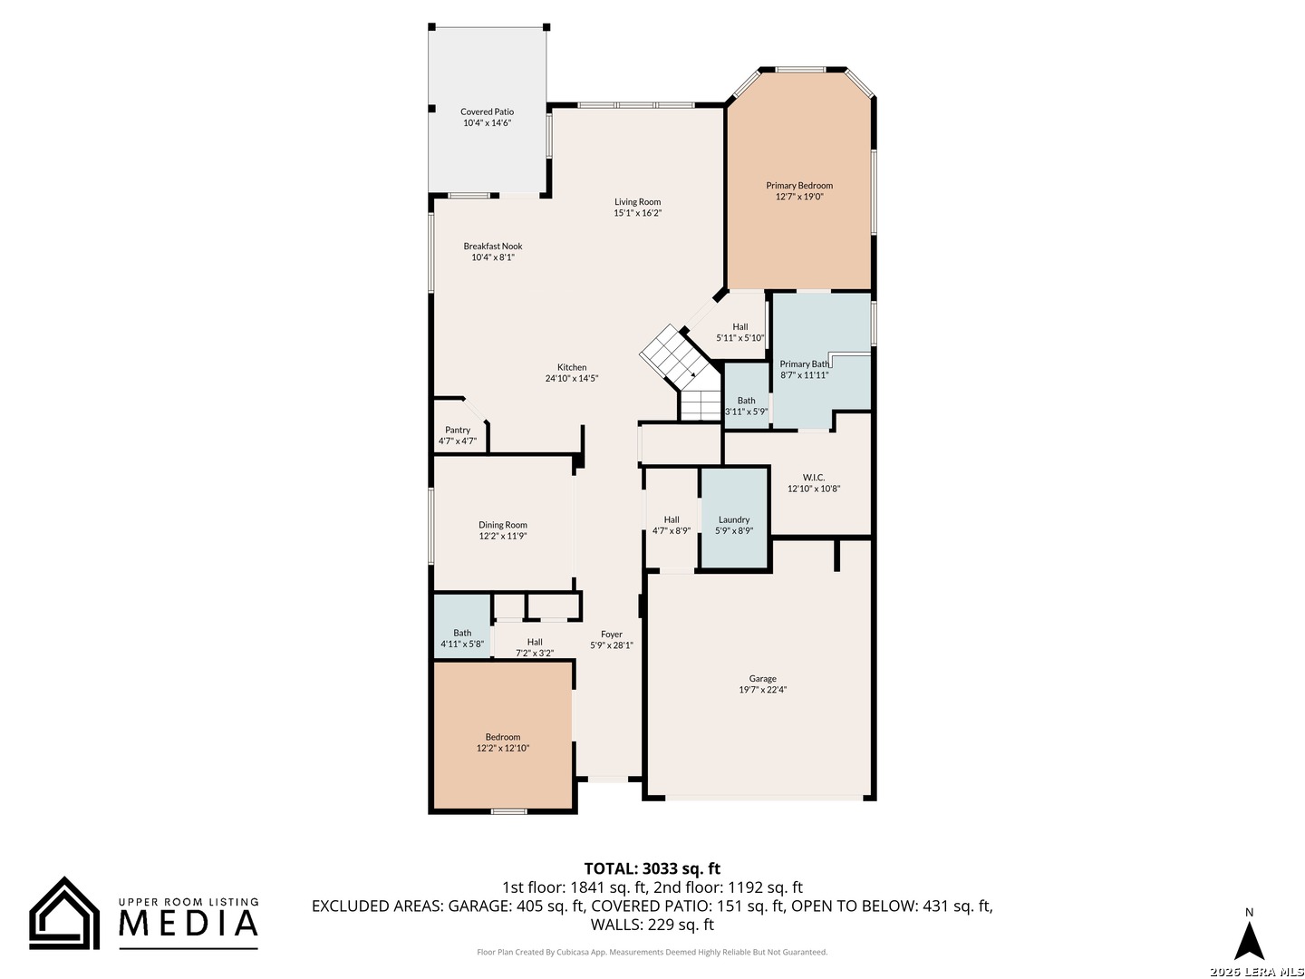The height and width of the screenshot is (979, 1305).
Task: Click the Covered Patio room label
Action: pos(487,111)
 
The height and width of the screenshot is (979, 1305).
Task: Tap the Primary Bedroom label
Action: pos(798,186)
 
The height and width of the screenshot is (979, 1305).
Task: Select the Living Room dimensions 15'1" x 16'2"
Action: pos(637,213)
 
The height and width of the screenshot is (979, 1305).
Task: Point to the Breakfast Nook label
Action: pos(492,246)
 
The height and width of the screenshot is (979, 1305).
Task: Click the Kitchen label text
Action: pos(571,367)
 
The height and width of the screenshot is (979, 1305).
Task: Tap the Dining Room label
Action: pos(502,525)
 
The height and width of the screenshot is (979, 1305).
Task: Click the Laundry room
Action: pos(734,518)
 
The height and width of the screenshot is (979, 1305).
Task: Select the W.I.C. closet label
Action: pos(813,478)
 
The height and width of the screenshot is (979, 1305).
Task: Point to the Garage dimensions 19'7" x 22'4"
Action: pos(762,690)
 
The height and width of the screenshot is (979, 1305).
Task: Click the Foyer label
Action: pos(611,635)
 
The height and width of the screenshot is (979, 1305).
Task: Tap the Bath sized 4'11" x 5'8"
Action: pos(462,626)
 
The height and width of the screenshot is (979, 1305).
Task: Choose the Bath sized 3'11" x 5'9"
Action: pos(746,395)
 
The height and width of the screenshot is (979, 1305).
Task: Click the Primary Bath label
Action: pos(804,363)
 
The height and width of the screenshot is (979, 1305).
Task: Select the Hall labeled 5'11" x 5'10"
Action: pos(739,327)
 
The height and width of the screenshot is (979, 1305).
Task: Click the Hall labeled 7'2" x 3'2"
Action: pos(534,642)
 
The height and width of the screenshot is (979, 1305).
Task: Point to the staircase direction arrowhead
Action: pos(692,374)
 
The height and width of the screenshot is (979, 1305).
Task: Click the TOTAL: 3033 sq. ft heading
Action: pos(652,869)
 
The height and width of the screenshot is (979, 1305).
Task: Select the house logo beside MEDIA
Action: pos(64,914)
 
